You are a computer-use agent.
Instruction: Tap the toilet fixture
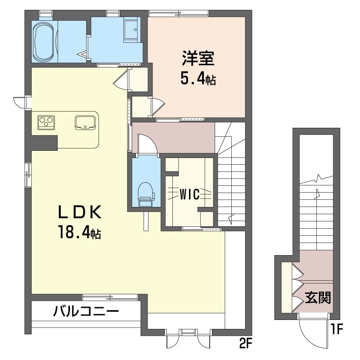146,194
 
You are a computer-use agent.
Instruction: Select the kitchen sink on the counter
85,122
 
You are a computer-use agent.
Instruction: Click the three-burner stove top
46,122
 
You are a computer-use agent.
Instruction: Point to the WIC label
189,194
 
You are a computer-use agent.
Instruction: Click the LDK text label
80,212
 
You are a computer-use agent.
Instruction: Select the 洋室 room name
198,58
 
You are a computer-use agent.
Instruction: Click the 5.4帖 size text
198,79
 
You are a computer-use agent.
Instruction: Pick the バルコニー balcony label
86,311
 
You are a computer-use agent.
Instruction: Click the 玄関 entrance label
318,298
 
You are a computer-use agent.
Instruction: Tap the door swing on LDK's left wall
19,103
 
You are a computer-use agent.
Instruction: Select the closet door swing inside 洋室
158,106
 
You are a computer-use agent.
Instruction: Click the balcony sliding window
110,297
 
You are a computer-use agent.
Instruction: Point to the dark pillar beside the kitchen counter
44,143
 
